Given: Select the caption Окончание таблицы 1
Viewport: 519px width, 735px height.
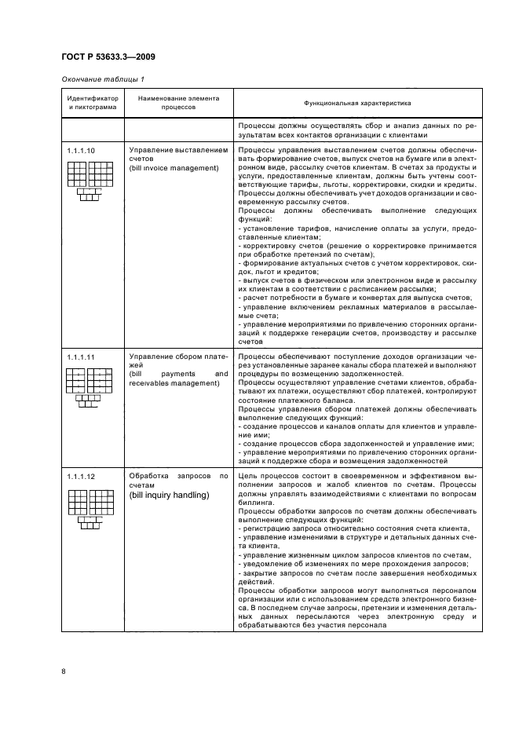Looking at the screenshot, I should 102,79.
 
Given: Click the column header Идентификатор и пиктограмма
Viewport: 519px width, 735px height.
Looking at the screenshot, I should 92,103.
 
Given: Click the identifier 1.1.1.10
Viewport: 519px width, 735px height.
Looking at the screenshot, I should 80,149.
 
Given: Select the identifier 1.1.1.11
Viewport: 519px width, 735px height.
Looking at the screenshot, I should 80,357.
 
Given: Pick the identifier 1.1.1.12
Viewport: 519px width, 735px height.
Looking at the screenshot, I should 80,477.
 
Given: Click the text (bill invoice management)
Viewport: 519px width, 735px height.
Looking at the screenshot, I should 174,168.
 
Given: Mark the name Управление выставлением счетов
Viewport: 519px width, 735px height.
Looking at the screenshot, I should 177,154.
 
